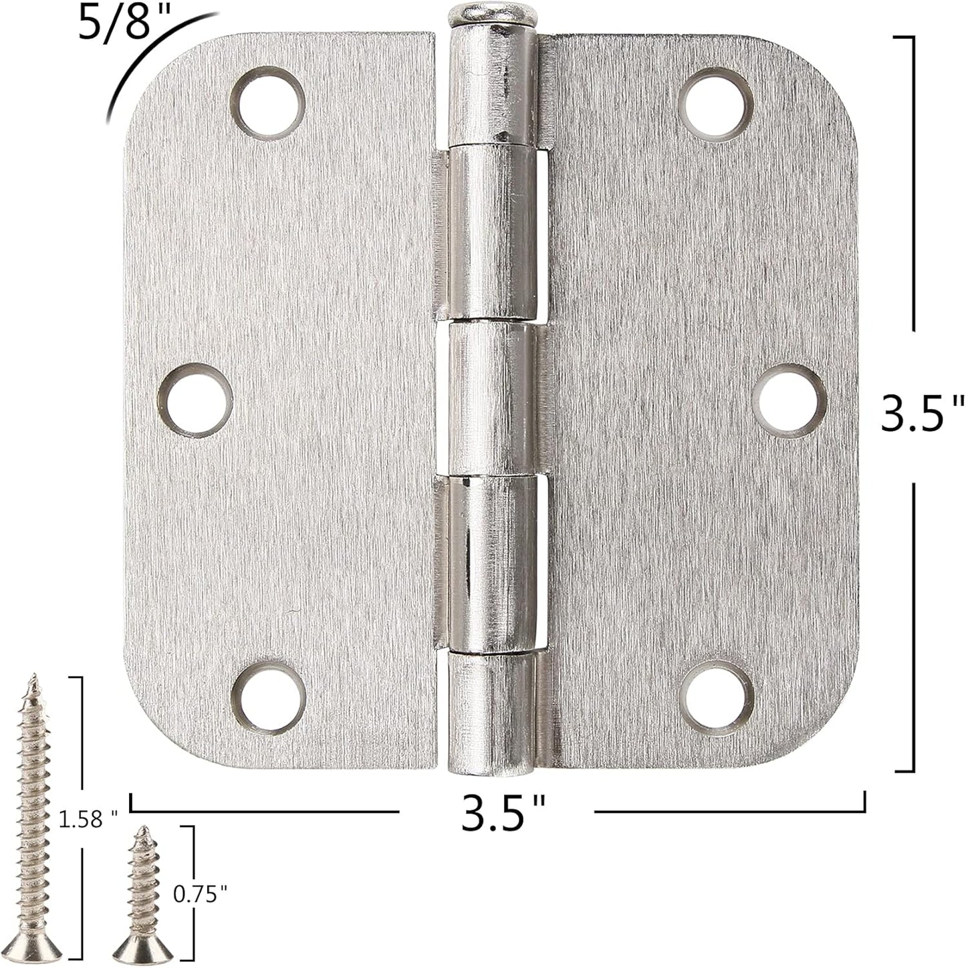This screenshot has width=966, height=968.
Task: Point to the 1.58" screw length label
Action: click(88, 818)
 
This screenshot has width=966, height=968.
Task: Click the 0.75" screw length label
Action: click(200, 893)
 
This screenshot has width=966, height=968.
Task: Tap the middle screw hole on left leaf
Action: click(199, 400)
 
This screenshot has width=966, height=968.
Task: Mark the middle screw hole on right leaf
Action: click(789, 400)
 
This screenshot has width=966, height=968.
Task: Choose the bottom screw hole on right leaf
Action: click(716, 697)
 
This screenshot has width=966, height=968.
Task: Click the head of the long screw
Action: click(39, 948)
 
